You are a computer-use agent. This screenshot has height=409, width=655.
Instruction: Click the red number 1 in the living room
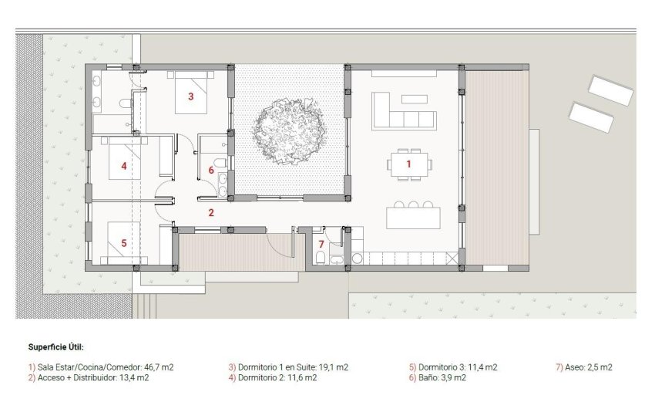[409, 164]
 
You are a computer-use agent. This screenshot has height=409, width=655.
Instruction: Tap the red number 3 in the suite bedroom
[190, 97]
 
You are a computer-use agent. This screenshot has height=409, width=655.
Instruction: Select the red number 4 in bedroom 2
[123, 165]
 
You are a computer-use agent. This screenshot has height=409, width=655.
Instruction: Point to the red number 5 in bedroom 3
[123, 242]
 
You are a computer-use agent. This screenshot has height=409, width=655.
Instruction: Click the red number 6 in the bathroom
[211, 170]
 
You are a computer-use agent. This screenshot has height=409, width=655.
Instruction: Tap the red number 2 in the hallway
[210, 211]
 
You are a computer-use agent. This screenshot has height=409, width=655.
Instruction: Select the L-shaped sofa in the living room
[402, 113]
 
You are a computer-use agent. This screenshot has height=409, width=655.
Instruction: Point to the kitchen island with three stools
[413, 217]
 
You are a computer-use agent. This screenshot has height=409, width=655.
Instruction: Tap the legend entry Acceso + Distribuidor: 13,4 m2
[92, 378]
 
